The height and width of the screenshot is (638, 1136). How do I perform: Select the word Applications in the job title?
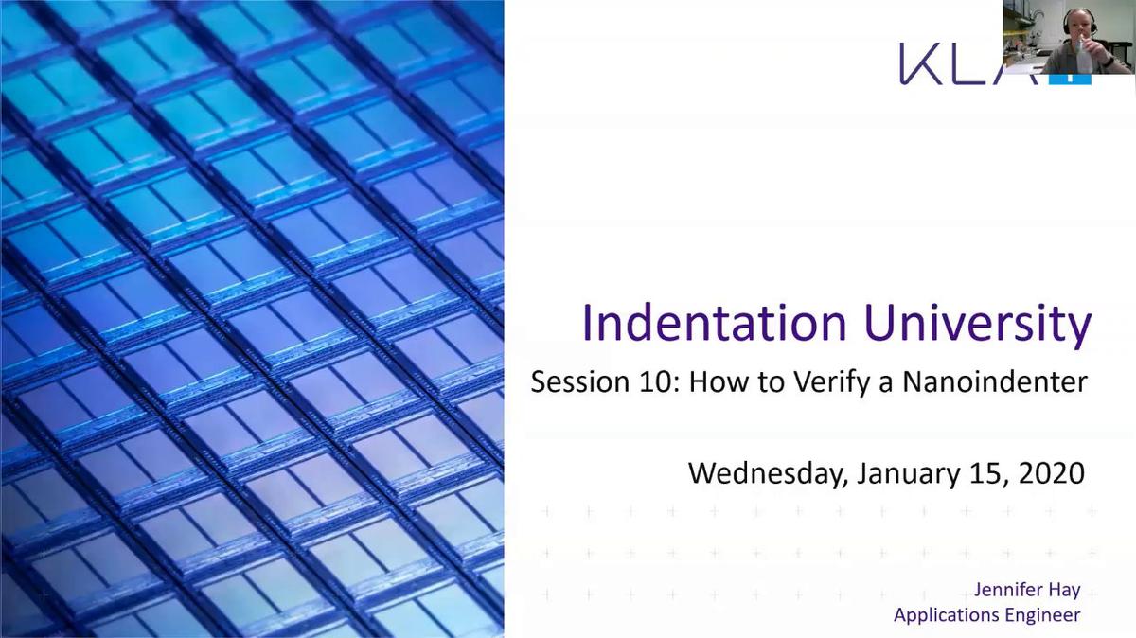coord(947,615)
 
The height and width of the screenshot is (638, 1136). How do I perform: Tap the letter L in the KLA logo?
coord(975,64)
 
